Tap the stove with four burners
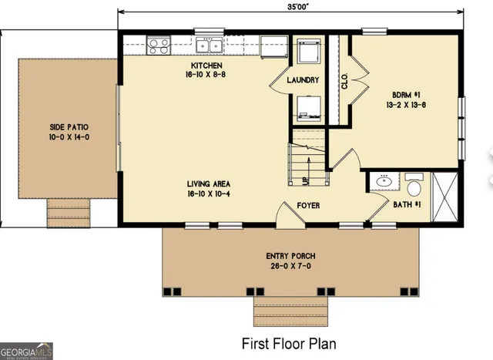point(159,45)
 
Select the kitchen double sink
point(208,44)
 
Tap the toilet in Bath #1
point(414,186)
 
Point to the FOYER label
point(308,206)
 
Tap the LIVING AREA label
point(208,183)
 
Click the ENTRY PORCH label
point(290,256)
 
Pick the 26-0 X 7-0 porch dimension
point(290,267)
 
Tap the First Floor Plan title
point(289,342)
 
